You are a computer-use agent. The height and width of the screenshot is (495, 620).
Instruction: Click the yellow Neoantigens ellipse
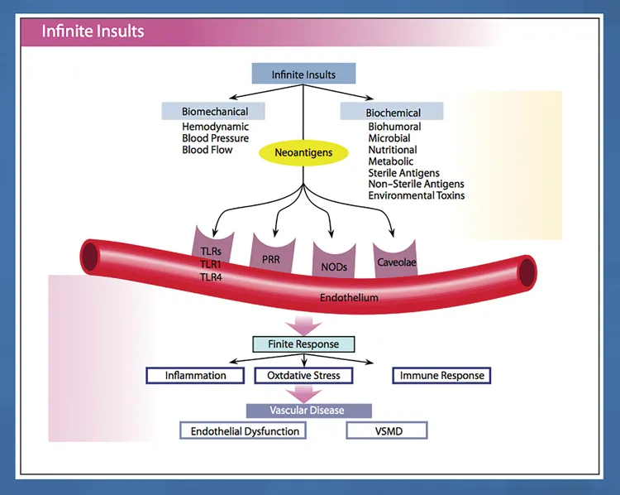303,152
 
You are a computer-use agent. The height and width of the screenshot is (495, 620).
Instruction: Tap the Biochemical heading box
393,113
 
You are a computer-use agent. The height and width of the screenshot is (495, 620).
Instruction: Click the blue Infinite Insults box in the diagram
303,74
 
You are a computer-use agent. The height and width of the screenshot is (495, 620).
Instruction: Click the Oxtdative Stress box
303,375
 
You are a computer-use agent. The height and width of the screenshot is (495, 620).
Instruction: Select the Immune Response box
442,375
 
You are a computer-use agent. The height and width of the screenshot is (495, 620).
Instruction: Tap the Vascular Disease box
308,410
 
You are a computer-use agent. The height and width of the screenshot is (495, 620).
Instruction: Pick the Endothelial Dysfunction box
245,431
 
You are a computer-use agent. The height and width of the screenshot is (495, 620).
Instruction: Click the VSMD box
386,431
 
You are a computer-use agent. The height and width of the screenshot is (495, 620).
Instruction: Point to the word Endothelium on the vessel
349,297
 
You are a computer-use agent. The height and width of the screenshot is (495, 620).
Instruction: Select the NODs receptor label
335,267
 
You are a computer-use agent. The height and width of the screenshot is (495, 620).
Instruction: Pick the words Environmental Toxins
417,196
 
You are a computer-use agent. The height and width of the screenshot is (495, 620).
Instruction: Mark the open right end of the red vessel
524,268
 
